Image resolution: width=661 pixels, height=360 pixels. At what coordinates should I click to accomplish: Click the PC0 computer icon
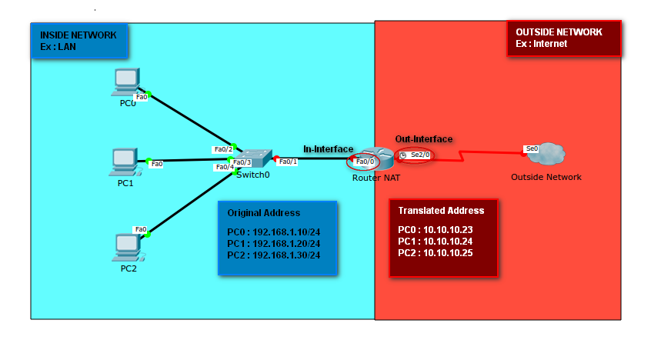125,82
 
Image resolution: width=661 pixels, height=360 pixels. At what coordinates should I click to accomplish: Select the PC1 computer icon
123,161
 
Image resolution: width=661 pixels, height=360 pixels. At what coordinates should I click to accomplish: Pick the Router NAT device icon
376,158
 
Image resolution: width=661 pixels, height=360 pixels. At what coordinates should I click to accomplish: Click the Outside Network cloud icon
546,155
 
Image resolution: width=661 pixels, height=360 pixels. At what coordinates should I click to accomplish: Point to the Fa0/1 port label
288,162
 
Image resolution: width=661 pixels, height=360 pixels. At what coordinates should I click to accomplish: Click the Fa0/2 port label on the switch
222,149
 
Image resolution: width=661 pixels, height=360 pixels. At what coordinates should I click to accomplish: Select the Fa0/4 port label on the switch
224,167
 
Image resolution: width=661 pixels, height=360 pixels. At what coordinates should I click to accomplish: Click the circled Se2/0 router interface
414,155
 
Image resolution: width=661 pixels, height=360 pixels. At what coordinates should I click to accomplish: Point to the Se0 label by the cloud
531,148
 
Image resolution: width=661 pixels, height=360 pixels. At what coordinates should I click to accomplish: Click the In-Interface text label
328,148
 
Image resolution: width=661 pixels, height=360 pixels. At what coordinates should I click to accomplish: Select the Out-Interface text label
424,139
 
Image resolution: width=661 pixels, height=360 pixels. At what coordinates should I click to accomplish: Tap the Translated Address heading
441,210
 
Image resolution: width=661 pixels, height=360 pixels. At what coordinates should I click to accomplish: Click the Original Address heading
264,212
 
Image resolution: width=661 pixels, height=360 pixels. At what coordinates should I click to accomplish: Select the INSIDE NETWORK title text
78,35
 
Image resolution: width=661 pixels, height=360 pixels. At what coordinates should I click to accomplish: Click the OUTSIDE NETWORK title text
559,32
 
